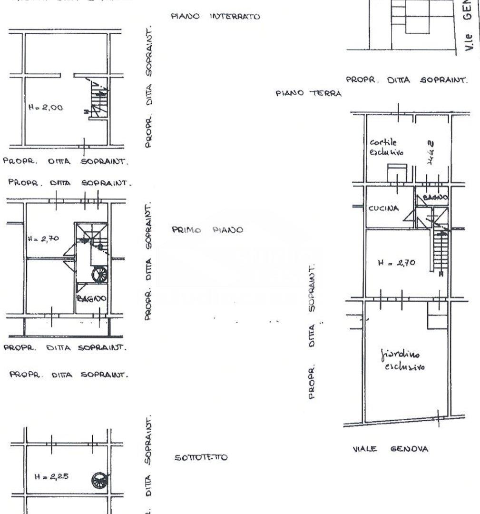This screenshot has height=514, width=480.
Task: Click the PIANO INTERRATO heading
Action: [x=215, y=17]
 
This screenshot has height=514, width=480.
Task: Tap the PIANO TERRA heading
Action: [x=308, y=94]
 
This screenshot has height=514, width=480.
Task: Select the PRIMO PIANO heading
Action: [x=207, y=230]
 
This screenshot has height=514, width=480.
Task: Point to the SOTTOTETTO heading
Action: [x=201, y=458]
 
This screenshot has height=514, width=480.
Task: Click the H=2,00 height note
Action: [x=45, y=108]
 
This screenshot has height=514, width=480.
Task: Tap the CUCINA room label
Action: [x=383, y=209]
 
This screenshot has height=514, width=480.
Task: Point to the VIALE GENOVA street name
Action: [x=391, y=449]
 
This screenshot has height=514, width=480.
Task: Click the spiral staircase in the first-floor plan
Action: [x=100, y=274]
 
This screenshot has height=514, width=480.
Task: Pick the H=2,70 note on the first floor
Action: [x=43, y=239]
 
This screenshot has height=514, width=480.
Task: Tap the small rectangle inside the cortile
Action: [x=397, y=173]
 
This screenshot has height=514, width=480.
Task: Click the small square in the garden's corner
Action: [x=437, y=316]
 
